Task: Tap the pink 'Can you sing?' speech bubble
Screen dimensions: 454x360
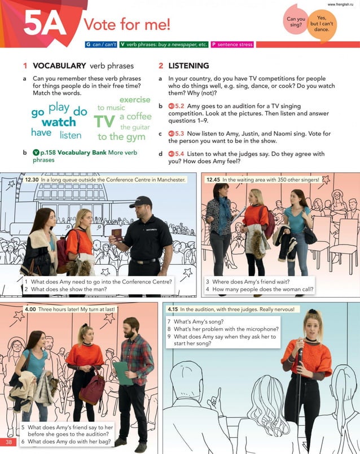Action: point(296,21)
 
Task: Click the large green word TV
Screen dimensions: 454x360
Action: point(104,122)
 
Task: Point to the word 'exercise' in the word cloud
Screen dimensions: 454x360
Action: point(135,100)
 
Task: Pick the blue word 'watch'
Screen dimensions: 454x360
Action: point(59,123)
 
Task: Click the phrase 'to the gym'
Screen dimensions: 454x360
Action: point(121,137)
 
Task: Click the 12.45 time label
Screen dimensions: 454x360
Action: point(213,180)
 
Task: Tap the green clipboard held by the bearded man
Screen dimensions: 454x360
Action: point(122,373)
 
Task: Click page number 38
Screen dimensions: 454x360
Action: point(9,441)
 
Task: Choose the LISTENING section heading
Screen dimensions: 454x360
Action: point(188,66)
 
